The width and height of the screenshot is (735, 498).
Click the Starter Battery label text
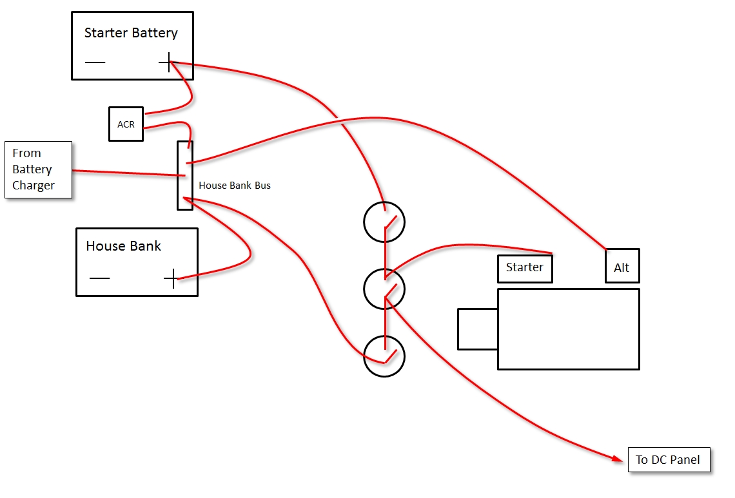click(131, 33)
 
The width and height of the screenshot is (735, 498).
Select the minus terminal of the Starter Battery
click(95, 62)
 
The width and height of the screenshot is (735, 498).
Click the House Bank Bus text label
click(235, 186)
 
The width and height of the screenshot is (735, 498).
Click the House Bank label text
click(123, 246)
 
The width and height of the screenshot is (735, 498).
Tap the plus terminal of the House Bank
click(172, 278)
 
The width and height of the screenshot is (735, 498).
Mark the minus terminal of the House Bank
click(99, 278)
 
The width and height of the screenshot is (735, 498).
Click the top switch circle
click(364, 222)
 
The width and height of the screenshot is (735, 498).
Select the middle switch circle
click(364, 289)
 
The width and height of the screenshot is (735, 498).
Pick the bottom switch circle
click(364, 356)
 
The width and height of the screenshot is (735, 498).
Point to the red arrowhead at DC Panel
click(618, 457)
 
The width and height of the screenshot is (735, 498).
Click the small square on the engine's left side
click(458, 329)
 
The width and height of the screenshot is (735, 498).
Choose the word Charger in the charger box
click(34, 186)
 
